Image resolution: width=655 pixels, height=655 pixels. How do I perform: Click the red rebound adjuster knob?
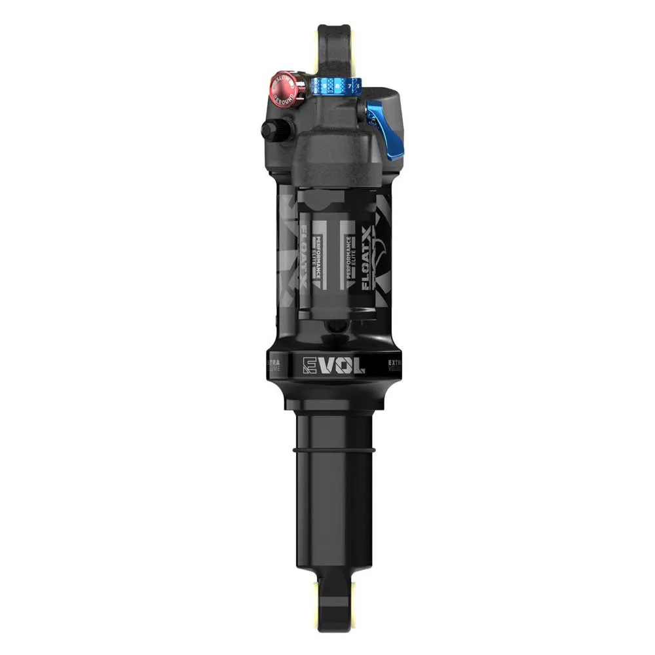(288, 90)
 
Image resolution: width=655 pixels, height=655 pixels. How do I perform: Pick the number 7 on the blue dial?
(350, 86)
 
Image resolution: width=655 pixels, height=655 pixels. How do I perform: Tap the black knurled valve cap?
(271, 130)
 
